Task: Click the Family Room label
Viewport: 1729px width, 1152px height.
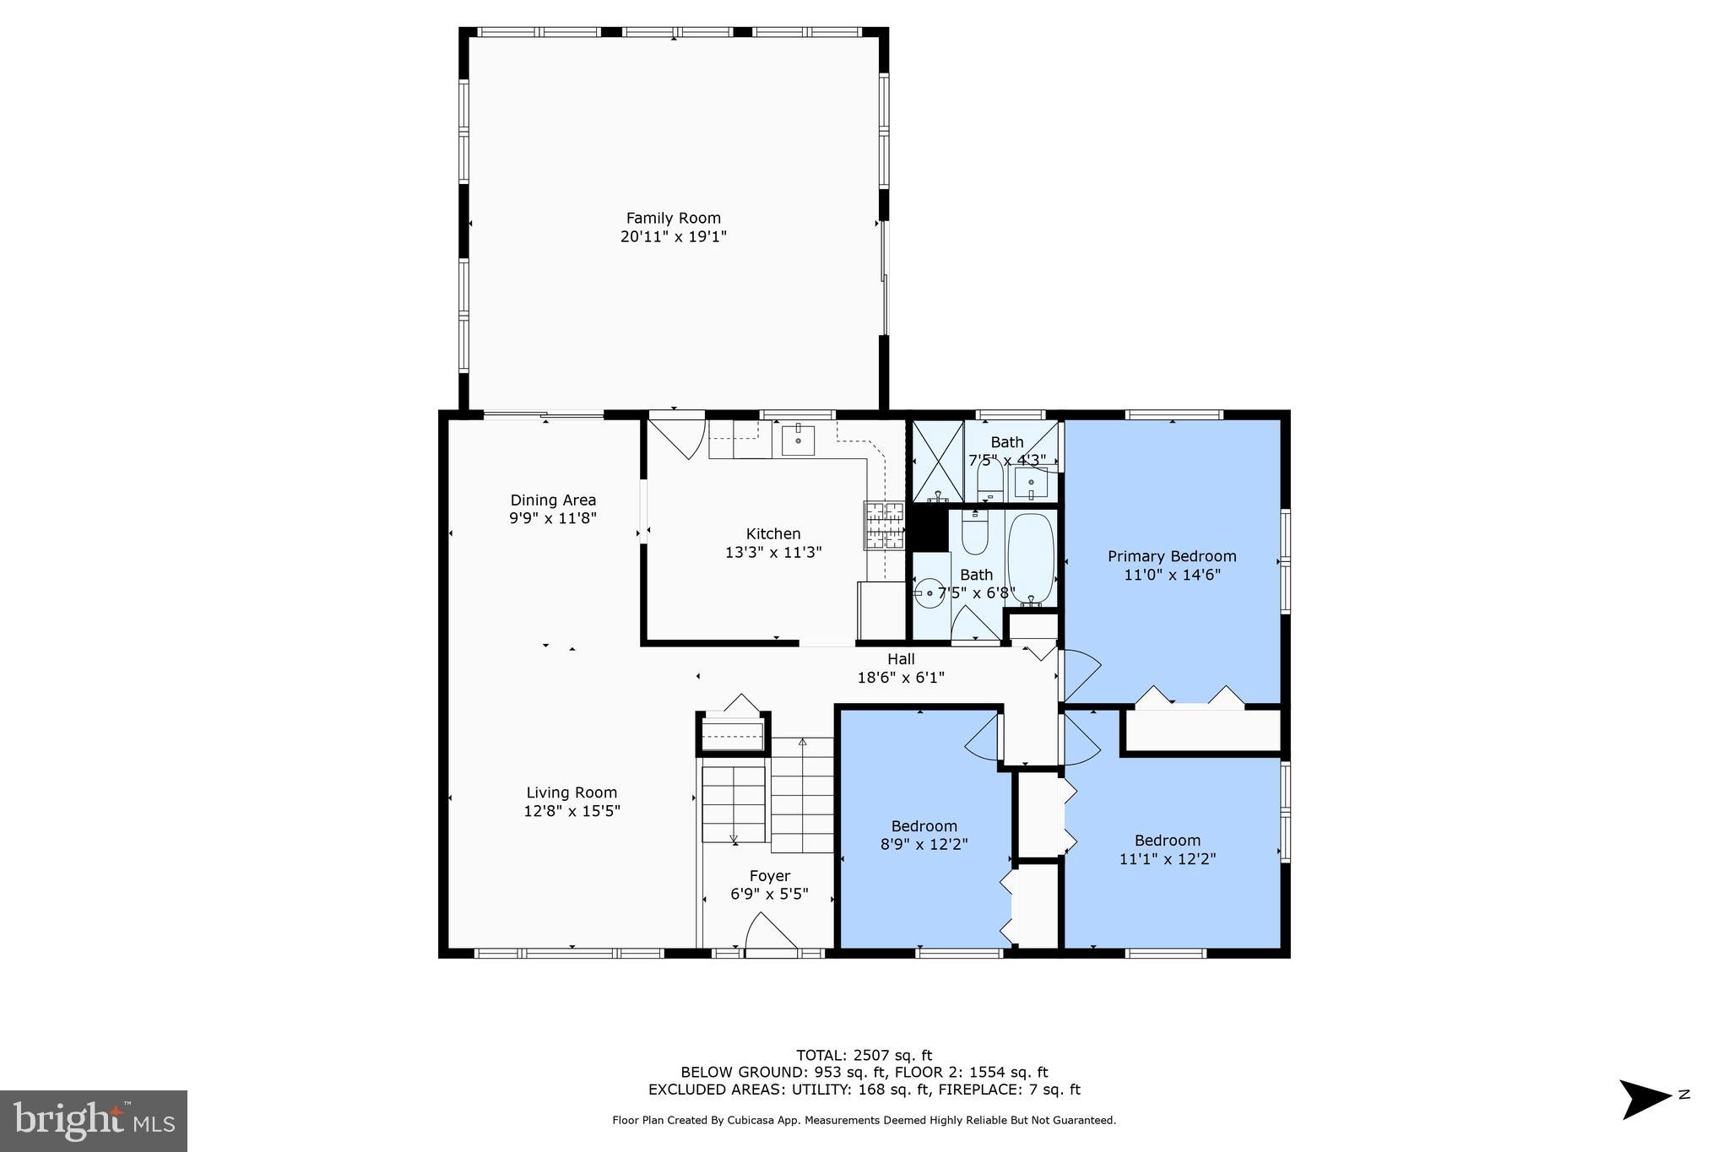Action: point(673,218)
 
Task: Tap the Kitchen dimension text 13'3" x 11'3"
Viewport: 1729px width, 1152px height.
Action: point(772,553)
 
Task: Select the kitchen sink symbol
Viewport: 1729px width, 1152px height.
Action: point(798,440)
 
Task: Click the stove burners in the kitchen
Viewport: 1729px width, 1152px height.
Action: point(883,525)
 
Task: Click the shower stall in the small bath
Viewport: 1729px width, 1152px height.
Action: point(938,461)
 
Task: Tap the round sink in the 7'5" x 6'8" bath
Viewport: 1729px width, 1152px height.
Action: point(930,593)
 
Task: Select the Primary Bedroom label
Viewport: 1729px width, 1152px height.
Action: point(1171,556)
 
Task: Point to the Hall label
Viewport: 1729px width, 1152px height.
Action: point(900,659)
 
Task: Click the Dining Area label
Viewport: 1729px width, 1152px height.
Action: point(553,500)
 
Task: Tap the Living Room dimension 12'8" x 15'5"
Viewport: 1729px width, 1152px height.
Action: point(572,811)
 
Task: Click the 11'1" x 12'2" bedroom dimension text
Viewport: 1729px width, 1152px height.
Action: point(1167,859)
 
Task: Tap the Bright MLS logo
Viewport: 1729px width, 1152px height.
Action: point(94,1121)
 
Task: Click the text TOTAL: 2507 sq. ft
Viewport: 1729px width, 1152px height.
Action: point(864,1055)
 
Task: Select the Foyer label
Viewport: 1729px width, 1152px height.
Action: point(769,876)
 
